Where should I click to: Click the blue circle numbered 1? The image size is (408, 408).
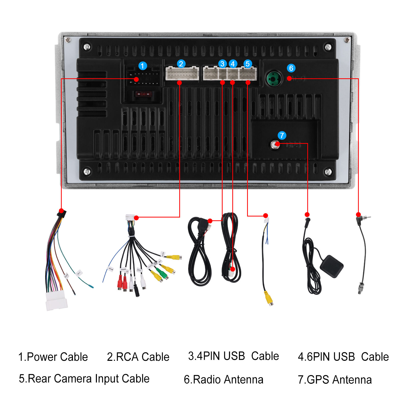(x=143, y=66)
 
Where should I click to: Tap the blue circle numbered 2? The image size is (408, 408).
(x=181, y=63)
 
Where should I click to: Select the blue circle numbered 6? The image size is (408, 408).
(x=291, y=68)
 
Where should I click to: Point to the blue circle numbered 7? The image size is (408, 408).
(x=282, y=135)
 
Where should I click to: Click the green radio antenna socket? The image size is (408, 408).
(x=274, y=79)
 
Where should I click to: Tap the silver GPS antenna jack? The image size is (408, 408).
(x=275, y=145)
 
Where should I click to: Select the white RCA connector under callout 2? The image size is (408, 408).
(x=182, y=73)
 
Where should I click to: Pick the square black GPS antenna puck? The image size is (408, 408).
(x=331, y=266)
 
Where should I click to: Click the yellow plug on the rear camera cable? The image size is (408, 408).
(x=269, y=298)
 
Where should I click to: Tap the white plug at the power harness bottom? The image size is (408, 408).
(x=56, y=301)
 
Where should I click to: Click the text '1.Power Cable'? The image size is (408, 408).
(x=53, y=357)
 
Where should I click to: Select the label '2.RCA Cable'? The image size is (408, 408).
(x=138, y=357)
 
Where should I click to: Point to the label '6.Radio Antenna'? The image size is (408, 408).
(x=223, y=379)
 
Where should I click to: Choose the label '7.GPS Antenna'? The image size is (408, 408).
(x=335, y=379)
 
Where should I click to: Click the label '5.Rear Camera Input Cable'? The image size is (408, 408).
(x=84, y=379)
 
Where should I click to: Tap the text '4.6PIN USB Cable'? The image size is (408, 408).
(x=343, y=357)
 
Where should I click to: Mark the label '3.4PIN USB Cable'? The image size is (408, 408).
(x=233, y=356)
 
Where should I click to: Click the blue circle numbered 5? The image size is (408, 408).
(x=247, y=63)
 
